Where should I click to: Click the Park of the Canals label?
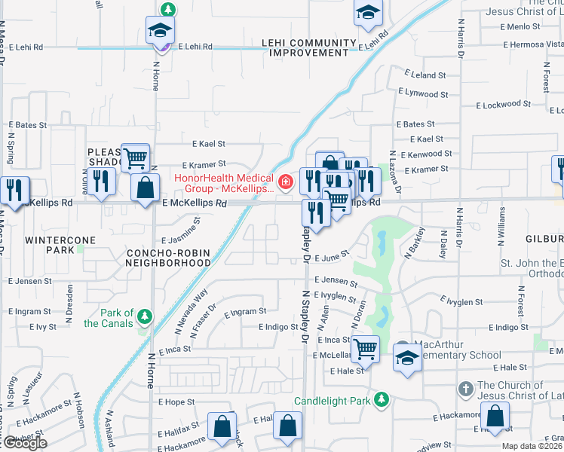tap(118, 318)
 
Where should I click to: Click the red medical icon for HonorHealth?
tap(286, 182)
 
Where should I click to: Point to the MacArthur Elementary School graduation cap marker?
tap(407, 357)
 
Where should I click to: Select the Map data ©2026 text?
tap(532, 446)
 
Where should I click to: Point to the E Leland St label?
tap(425, 75)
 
